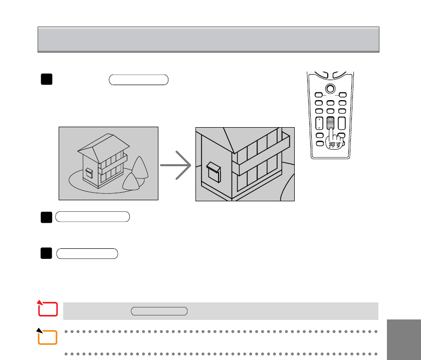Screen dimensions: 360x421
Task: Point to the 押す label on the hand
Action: pos(332,145)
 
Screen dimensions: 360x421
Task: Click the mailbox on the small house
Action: pos(89,173)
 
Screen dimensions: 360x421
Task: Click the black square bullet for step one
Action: pos(46,80)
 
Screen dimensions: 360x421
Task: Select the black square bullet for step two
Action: pos(46,217)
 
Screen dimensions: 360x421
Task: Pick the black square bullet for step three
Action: pos(46,253)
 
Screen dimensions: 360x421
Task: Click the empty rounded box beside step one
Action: pos(138,80)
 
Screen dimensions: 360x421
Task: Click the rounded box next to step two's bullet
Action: pos(93,217)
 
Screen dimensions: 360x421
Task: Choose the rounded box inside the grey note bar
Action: pos(159,311)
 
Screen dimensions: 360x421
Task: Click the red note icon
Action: pos(49,310)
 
